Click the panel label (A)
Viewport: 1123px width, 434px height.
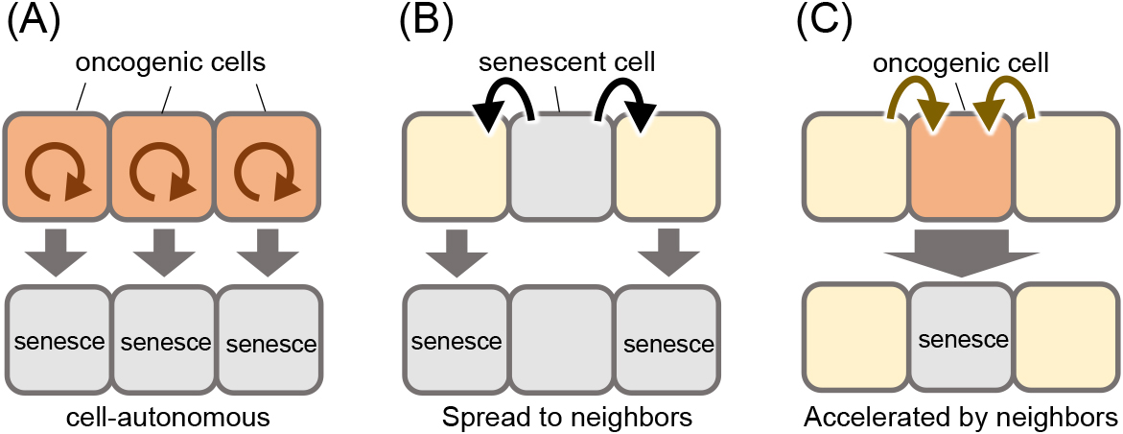tap(33, 23)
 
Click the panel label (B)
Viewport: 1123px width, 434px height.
tap(426, 23)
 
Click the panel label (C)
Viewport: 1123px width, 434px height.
tap(825, 23)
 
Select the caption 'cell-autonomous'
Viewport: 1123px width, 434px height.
tap(163, 416)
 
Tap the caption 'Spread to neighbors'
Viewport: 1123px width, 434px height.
tap(567, 416)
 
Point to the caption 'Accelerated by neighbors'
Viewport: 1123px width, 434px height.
tap(960, 416)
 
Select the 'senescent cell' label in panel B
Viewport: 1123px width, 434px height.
tap(567, 62)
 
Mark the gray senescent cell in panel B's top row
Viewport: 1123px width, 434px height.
tap(562, 166)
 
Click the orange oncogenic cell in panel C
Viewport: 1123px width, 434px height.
tap(961, 166)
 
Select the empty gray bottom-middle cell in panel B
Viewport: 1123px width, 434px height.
tap(562, 337)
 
